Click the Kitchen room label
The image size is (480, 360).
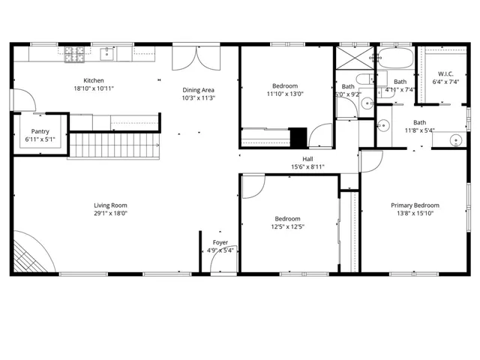94,80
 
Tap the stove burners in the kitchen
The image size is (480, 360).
75,53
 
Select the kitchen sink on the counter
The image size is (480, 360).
109,52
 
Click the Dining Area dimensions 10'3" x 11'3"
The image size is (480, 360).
199,98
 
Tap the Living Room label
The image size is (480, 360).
110,205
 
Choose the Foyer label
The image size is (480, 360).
220,242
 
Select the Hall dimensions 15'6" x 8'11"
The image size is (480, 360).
307,166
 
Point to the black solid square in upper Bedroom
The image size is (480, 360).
298,138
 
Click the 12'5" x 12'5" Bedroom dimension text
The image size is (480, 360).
287,226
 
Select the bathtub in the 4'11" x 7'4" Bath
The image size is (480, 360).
396,60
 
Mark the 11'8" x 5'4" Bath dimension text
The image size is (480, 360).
419,130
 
